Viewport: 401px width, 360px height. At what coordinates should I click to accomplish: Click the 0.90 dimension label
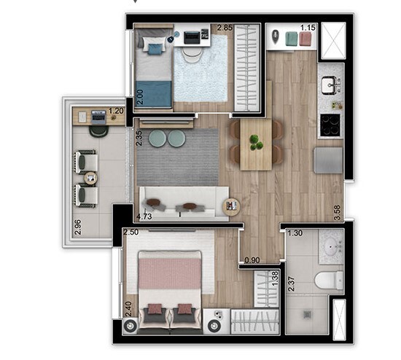pyautogui.click(x=252, y=259)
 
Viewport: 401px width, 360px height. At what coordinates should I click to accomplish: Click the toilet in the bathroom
pyautogui.click(x=330, y=280)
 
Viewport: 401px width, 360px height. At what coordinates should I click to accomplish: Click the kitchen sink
pyautogui.click(x=329, y=85)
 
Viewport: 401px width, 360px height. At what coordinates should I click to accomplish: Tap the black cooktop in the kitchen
pyautogui.click(x=330, y=125)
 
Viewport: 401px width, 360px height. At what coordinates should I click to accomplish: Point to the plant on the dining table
pyautogui.click(x=255, y=141)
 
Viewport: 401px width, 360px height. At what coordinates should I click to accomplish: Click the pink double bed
pyautogui.click(x=164, y=281)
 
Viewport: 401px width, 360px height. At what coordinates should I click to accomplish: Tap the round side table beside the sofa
pyautogui.click(x=231, y=207)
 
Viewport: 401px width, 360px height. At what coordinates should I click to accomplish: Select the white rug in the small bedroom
pyautogui.click(x=201, y=73)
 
